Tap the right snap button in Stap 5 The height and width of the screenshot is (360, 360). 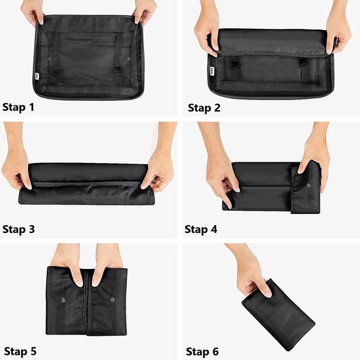point(111,302)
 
